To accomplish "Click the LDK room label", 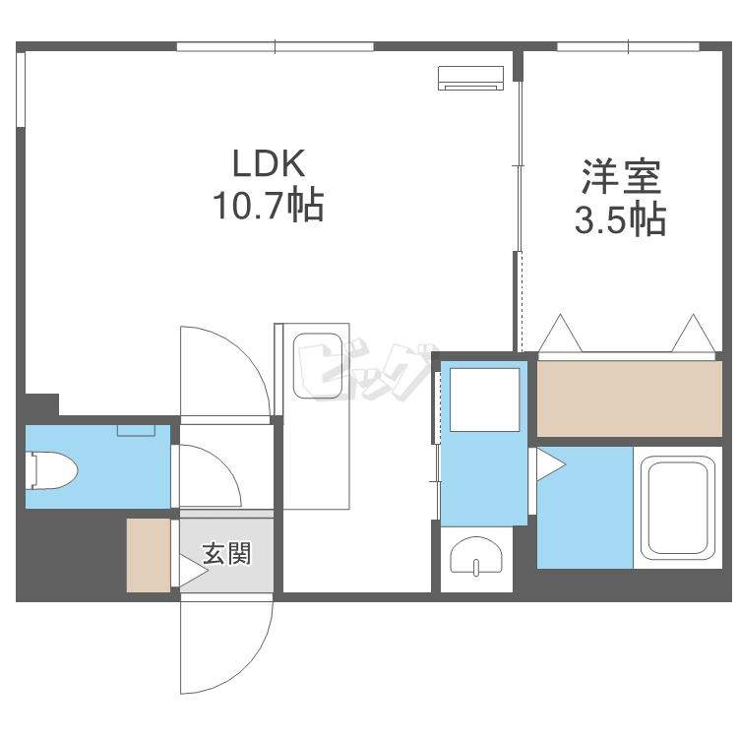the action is point(269,163).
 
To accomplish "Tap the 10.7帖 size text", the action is point(269,206).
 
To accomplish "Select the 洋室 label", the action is point(621,177).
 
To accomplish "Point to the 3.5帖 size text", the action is point(620,218).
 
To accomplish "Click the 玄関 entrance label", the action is point(227,553).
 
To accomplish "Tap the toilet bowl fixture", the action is point(52,470).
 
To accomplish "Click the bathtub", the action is point(678,508).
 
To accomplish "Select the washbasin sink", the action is point(476,556).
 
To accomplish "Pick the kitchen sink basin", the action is point(318,366).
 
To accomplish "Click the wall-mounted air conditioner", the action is point(470,78).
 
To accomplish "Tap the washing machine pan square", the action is point(484,400).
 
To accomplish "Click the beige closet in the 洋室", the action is point(630,399).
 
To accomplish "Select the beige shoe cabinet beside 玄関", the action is point(149,555).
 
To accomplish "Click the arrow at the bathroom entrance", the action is point(551,464).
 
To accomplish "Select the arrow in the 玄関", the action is point(194,572).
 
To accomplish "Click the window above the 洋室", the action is point(628,46).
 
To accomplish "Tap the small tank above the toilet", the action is point(136,430).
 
